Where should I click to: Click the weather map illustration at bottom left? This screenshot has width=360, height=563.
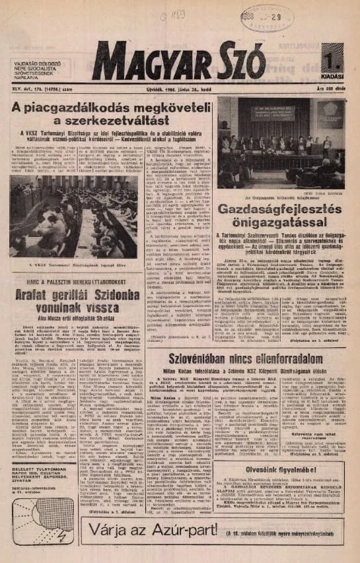pos(43,502)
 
